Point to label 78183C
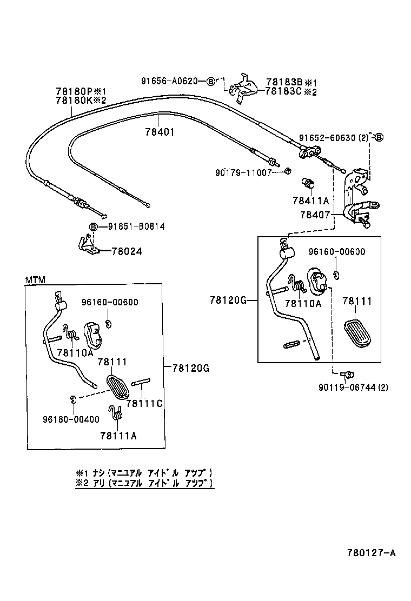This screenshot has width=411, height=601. click(x=284, y=91)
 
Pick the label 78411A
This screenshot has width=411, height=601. click(x=311, y=200)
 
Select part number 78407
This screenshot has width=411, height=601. click(x=315, y=215)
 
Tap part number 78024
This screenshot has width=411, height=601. click(x=127, y=251)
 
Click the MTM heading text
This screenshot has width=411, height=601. click(x=35, y=279)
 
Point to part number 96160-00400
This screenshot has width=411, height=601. click(x=71, y=419)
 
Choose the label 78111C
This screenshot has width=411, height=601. click(x=144, y=403)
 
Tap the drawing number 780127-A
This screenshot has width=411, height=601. click(x=371, y=552)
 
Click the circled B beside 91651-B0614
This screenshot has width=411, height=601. click(x=93, y=227)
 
